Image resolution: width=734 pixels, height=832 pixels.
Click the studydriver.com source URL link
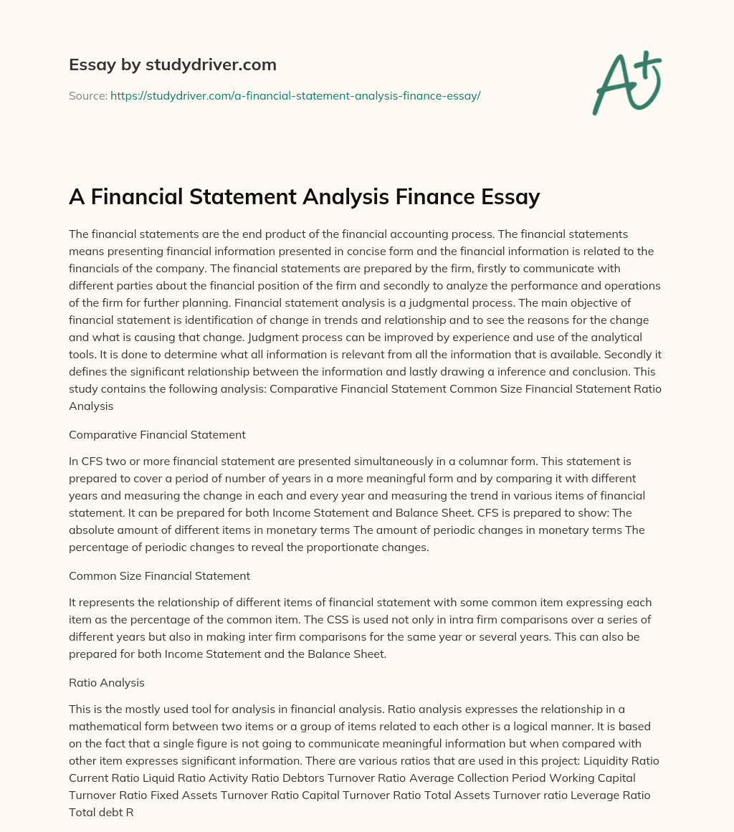295,95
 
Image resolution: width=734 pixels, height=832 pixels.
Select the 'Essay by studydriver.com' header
172,64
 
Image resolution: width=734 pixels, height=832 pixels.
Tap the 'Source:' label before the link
87,95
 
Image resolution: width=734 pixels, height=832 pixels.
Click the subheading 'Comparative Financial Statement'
157,434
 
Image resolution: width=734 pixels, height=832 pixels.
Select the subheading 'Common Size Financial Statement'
159,575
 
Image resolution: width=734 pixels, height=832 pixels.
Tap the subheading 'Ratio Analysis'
103,684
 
